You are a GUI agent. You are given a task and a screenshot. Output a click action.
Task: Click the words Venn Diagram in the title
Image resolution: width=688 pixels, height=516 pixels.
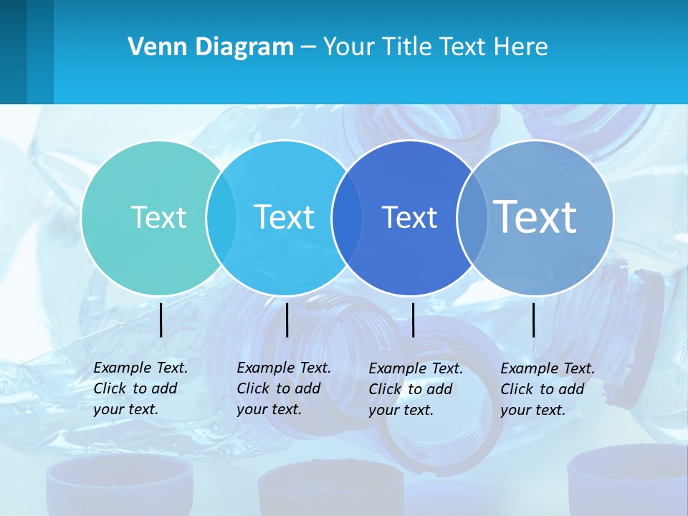[x=211, y=47]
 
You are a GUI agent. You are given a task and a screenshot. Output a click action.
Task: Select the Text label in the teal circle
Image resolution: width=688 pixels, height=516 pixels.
[x=158, y=217]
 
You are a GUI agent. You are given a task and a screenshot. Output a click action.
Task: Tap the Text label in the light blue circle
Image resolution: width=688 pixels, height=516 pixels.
[x=284, y=217]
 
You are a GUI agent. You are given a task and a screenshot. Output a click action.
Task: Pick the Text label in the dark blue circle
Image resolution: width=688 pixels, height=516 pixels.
[x=409, y=217]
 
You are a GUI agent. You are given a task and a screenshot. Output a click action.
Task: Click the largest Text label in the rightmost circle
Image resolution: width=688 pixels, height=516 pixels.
[x=535, y=216]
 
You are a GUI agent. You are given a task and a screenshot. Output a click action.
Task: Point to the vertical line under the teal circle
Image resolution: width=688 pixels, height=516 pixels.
[x=161, y=320]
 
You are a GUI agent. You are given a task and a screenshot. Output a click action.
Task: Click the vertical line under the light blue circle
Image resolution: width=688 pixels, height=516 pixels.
[x=287, y=320]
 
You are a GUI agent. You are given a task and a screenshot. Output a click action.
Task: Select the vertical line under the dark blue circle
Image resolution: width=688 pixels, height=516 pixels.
[x=413, y=320]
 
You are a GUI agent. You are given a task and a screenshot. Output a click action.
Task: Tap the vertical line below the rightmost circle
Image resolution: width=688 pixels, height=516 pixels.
[x=534, y=320]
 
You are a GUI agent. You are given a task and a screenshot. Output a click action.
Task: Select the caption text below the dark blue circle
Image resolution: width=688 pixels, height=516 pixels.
[x=415, y=389]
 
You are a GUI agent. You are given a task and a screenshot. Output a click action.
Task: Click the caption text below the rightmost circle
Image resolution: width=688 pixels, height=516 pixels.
[x=547, y=389]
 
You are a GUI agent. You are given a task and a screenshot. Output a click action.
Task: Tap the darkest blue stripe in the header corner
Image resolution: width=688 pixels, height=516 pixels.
[x=13, y=52]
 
